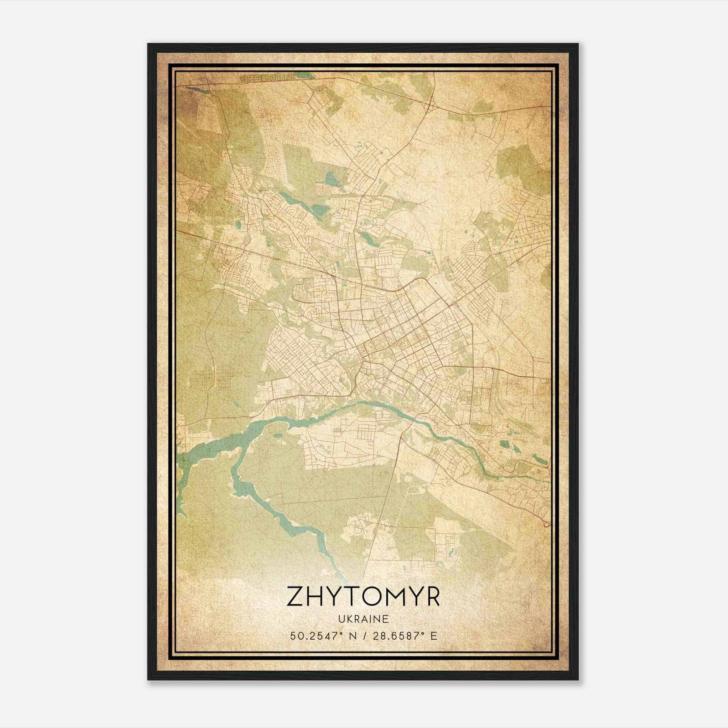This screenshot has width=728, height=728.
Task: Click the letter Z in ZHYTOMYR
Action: pyautogui.click(x=295, y=597)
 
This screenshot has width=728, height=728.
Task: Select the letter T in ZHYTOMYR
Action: pyautogui.click(x=356, y=597)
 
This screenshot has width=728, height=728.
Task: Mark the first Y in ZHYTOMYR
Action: pyautogui.click(x=337, y=597)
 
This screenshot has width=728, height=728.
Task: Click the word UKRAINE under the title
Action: pyautogui.click(x=364, y=619)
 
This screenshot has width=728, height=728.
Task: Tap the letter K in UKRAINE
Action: pyautogui.click(x=350, y=619)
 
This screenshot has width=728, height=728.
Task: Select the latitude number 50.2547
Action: pyautogui.click(x=309, y=636)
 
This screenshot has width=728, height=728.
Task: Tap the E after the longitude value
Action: pyautogui.click(x=434, y=636)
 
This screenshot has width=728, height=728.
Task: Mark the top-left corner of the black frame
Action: pyautogui.click(x=149, y=45)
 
